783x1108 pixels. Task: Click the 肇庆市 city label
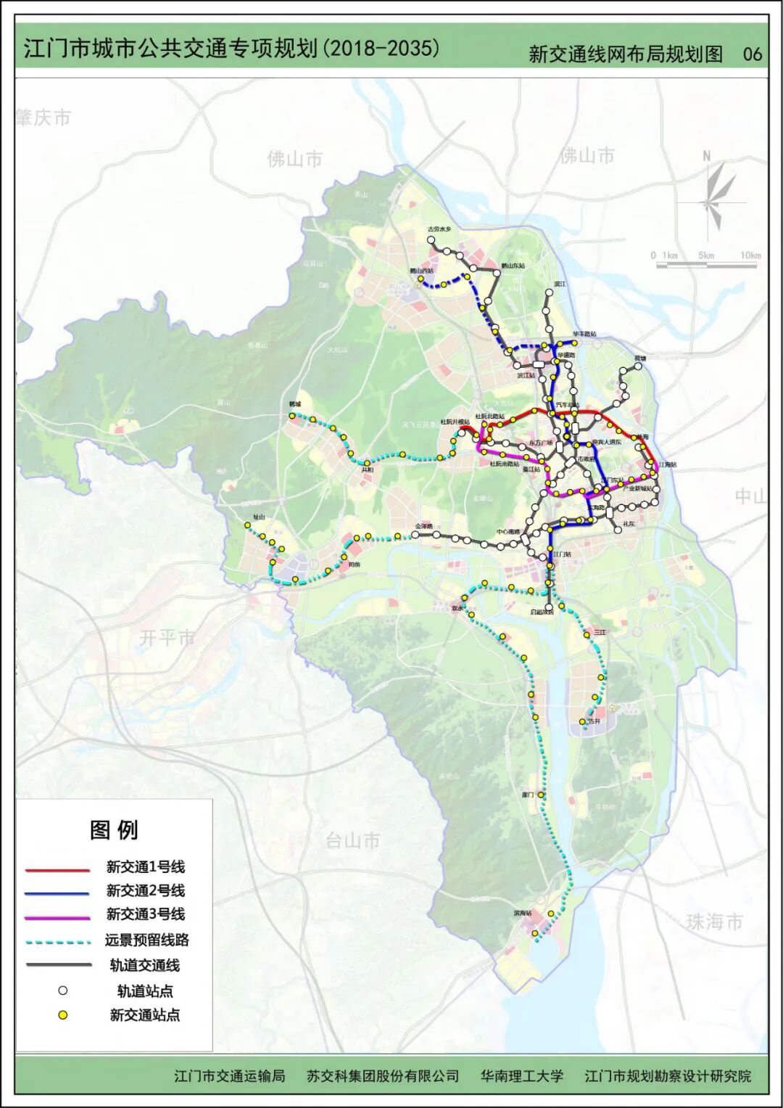pos(43,117)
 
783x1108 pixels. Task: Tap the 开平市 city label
pos(167,638)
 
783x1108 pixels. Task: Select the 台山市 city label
pos(352,840)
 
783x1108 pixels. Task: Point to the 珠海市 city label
pos(714,922)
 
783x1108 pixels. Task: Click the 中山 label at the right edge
pos(750,496)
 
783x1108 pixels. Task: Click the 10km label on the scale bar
pos(750,255)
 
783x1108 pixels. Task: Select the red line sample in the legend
pos(57,869)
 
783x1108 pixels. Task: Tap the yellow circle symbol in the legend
pos(64,1015)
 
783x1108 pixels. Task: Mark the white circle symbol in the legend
pos(64,990)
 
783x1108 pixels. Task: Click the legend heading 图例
pos(114,829)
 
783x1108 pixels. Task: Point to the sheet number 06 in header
pos(753,54)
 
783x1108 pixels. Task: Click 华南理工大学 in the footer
pos(521,1075)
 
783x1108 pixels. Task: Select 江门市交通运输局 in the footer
pos(229,1075)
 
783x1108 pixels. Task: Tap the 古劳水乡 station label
pos(439,229)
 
